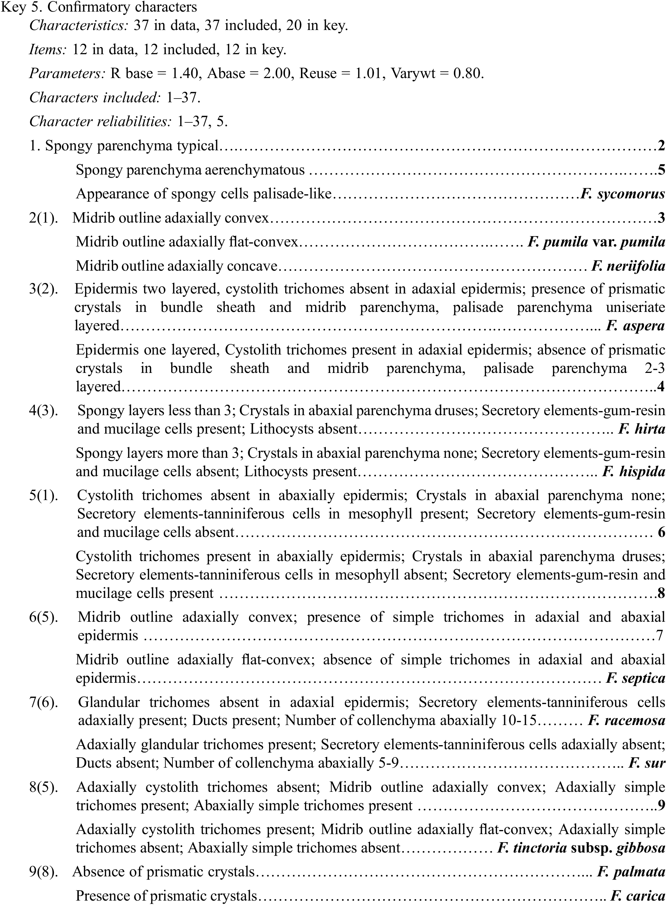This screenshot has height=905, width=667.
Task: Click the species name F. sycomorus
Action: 622,194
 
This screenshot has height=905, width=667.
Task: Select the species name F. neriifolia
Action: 628,266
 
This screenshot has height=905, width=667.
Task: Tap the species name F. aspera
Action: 635,326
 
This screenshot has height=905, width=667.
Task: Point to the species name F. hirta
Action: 641,429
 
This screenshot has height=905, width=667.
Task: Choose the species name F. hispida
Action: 633,472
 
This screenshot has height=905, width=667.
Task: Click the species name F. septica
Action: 635,678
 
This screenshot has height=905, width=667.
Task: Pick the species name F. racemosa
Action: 626,721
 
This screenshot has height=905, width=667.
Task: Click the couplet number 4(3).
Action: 44,411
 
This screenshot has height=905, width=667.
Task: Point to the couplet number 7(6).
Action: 44,702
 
